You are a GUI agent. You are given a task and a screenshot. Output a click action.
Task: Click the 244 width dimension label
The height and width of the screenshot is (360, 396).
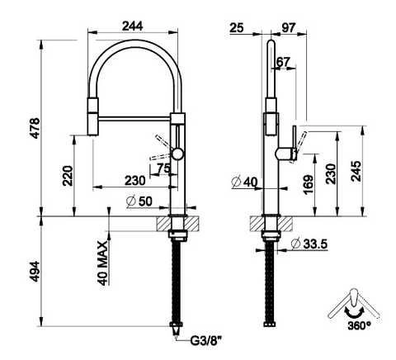pos(133,26)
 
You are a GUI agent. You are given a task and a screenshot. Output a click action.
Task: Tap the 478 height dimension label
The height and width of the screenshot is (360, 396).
pos(35,128)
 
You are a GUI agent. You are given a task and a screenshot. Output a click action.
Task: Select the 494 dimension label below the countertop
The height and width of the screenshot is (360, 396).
pos(35,272)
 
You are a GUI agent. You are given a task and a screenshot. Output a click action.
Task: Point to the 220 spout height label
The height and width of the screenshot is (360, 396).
pos(68,176)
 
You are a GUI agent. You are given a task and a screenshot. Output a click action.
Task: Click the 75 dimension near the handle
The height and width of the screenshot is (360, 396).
pos(163,168)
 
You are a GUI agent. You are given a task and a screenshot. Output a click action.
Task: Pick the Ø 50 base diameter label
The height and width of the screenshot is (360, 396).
pos(139,201)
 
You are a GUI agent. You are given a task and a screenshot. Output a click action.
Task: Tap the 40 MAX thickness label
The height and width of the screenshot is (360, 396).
pos(103,263)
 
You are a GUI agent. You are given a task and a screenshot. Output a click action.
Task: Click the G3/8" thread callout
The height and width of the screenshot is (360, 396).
pos(206,342)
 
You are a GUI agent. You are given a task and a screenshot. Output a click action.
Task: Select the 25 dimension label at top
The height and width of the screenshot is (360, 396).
pos(237,28)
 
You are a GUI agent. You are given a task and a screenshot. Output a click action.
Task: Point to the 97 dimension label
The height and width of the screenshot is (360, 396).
pos(289,27)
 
